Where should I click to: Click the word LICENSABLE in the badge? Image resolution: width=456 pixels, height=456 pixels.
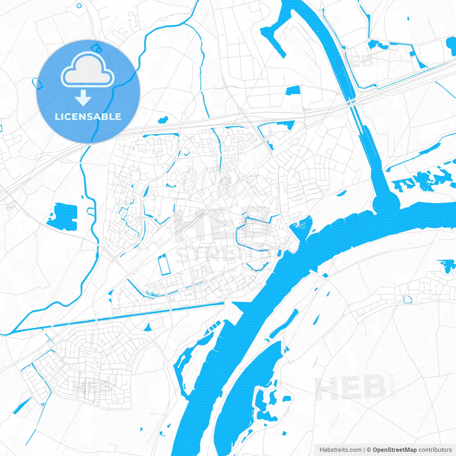(x=88, y=117)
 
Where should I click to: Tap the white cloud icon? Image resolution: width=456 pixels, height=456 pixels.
(x=88, y=71)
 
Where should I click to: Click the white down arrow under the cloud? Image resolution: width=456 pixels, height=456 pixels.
(x=83, y=98)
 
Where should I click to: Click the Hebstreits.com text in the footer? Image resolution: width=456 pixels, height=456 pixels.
(x=340, y=450)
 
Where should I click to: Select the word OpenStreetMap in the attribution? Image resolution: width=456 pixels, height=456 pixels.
(x=395, y=450)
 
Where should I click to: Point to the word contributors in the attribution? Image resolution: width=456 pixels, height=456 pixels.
(x=435, y=450)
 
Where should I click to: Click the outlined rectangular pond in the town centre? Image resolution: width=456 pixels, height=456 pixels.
(x=164, y=265)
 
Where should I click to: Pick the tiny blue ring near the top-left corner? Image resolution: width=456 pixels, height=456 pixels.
(x=79, y=6)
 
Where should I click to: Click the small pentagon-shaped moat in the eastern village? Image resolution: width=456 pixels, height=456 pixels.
(x=408, y=299)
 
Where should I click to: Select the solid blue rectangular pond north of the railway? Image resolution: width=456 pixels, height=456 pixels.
(x=293, y=90)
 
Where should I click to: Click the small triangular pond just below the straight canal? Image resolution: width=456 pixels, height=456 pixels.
(x=147, y=328)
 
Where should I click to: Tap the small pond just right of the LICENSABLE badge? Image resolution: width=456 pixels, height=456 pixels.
(x=163, y=120)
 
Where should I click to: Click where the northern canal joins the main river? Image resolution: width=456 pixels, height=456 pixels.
(x=385, y=203)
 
